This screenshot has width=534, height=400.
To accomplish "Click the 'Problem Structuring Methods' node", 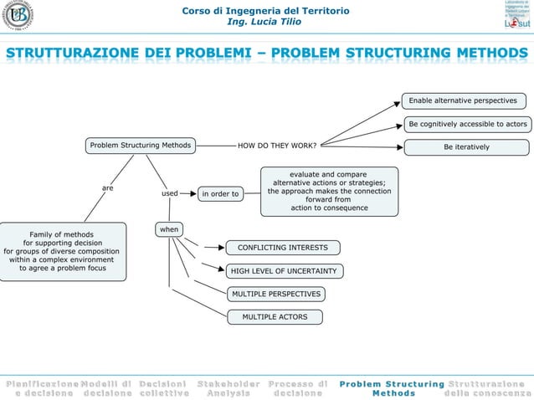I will click(141, 146).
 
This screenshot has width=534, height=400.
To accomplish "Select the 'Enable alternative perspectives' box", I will click(462, 101).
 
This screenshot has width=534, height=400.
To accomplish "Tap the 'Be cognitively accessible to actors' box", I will click(467, 125).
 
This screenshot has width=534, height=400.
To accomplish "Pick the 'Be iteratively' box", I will click(467, 147).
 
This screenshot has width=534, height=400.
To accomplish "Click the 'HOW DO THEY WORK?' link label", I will click(277, 146).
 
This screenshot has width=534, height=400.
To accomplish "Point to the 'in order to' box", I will click(220, 194).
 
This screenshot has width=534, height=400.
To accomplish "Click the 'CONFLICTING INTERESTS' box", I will click(283, 248).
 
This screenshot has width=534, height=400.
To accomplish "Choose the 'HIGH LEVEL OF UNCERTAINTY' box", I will click(283, 271).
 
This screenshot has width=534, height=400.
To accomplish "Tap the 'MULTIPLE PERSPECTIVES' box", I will click(276, 294).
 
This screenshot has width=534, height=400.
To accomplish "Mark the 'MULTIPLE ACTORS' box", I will click(275, 317).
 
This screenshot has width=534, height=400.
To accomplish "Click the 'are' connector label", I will click(108, 188).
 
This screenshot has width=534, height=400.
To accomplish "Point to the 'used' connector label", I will click(170, 193).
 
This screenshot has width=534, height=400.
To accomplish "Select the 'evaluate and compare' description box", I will click(329, 191).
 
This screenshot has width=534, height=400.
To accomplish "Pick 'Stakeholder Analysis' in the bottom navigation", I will click(228, 388).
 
